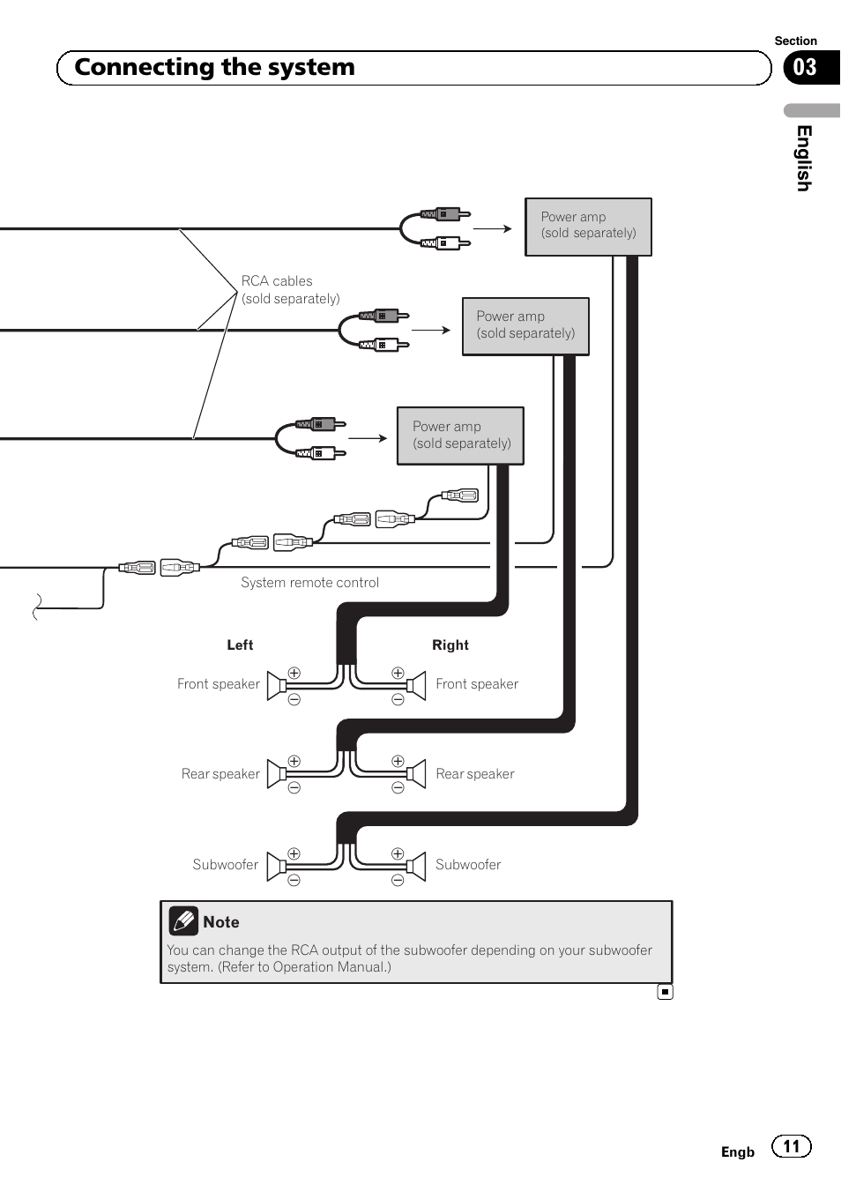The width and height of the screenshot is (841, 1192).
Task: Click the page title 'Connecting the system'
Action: tap(214, 68)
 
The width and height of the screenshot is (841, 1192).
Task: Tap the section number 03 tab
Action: tap(806, 68)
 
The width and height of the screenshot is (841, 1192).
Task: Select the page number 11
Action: tap(792, 1146)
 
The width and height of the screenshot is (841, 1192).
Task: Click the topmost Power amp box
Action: tap(588, 227)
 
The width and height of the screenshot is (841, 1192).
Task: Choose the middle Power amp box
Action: tap(525, 326)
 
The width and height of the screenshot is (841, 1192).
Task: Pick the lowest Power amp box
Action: tap(460, 436)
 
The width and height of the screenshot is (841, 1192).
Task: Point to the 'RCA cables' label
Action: tap(277, 281)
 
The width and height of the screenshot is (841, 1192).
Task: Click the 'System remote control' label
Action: tap(309, 583)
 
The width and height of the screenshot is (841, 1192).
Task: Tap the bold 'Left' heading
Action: tap(240, 645)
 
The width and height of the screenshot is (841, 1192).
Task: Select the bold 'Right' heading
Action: tap(450, 645)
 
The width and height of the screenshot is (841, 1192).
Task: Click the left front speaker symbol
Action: tap(276, 685)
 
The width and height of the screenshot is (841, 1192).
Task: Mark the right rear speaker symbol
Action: tap(417, 774)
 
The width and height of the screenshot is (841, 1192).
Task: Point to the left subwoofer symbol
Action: tap(276, 865)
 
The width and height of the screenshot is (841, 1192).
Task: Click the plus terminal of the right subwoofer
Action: tap(398, 853)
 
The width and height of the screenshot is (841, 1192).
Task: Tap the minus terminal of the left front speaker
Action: tap(294, 700)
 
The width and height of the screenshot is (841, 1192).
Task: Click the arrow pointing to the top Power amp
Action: tap(493, 228)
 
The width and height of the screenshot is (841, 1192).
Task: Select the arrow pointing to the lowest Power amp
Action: tap(368, 438)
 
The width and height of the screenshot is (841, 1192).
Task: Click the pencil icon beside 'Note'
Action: tap(183, 921)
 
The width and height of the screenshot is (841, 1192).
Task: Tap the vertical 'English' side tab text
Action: tap(803, 158)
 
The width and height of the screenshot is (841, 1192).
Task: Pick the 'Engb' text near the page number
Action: tap(738, 1152)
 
